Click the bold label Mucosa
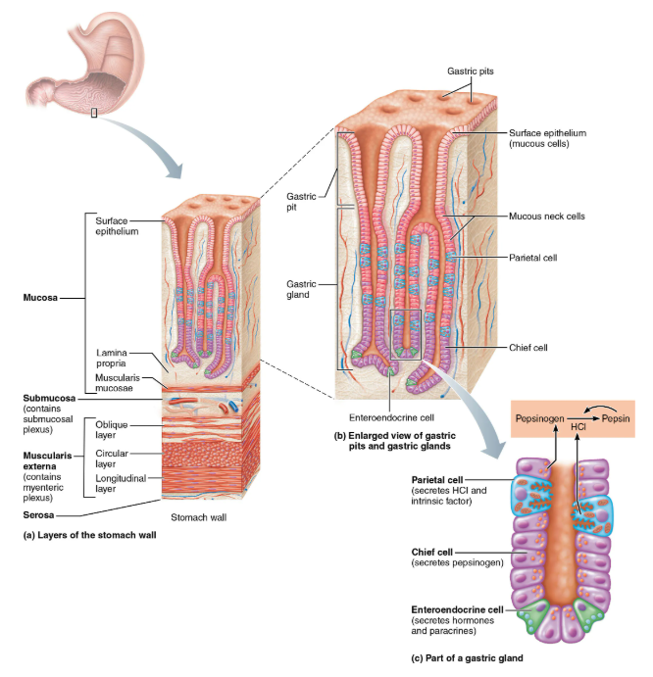39,294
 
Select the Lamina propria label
111,357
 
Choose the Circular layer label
113,459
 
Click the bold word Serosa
40,513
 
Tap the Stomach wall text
198,516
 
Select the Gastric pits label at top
470,71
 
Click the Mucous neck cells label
546,217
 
